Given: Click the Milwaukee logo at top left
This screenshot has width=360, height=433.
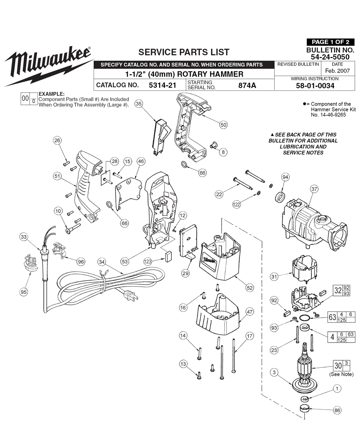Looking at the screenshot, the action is (x=49, y=66).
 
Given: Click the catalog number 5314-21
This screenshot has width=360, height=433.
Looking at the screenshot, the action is (x=162, y=85).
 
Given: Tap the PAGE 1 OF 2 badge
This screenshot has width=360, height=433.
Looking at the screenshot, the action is (x=330, y=42).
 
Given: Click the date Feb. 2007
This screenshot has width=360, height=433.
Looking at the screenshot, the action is (x=337, y=71).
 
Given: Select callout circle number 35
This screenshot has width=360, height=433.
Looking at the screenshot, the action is (x=139, y=103).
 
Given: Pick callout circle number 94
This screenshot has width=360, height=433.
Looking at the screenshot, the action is (x=285, y=177).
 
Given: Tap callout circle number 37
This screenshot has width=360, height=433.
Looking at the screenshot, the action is (x=314, y=189).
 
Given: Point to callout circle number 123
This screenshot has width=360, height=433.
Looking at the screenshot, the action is (x=147, y=262).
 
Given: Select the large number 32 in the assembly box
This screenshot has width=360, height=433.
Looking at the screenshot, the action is (x=338, y=291).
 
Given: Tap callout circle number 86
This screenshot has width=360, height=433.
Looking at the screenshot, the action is (x=337, y=410).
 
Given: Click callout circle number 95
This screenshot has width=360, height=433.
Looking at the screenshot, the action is (x=24, y=292).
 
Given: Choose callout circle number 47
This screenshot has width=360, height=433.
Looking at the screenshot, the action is (x=250, y=312).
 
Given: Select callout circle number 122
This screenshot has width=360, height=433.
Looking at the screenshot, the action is (x=237, y=205).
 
